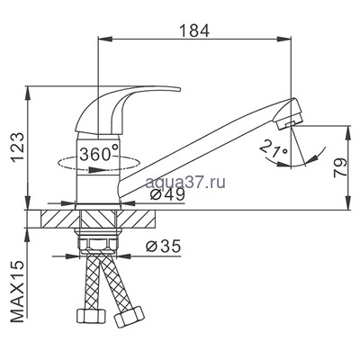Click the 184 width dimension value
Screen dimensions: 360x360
point(193,30)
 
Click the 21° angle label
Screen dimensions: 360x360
point(272,148)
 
